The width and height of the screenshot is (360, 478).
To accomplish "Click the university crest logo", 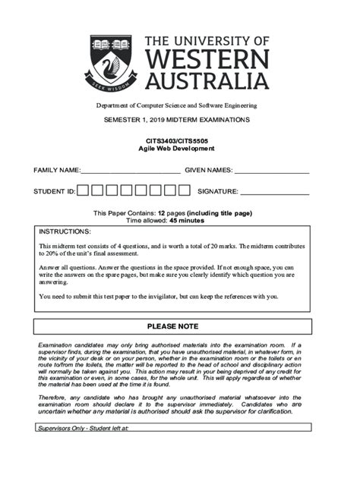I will pyautogui.click(x=111, y=62).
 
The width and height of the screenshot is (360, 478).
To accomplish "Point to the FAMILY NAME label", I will pyautogui.click(x=56, y=170).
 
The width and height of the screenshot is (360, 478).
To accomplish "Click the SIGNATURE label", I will pyautogui.click(x=217, y=192).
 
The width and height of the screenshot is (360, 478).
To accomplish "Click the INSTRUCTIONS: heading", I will pyautogui.click(x=65, y=231).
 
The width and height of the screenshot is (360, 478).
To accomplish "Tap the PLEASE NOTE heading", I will pyautogui.click(x=172, y=326).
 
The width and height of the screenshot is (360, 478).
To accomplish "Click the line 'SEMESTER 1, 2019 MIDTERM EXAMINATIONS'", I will pyautogui.click(x=176, y=121).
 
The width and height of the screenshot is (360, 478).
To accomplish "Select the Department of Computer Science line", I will pyautogui.click(x=176, y=105).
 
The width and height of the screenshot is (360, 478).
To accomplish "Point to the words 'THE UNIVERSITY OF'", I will pyautogui.click(x=206, y=41).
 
